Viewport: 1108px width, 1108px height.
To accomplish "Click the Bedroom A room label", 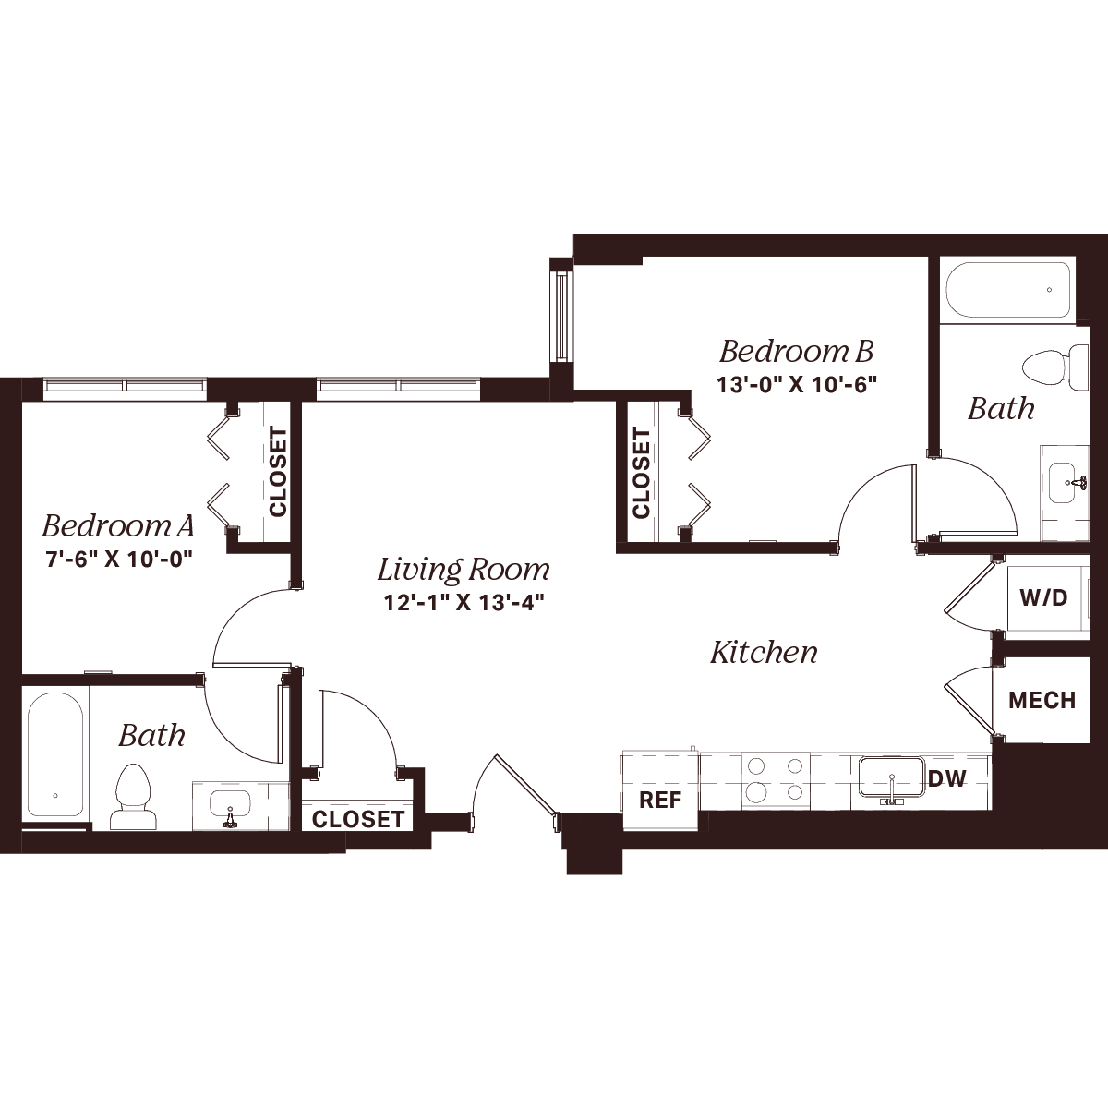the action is (x=118, y=525).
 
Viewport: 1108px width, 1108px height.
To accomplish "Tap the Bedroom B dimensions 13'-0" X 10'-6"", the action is (x=796, y=384).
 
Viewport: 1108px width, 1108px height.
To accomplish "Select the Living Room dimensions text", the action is (x=464, y=603).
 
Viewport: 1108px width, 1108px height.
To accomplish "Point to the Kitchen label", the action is (x=764, y=653).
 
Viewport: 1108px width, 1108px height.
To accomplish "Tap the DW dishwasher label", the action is (x=947, y=778).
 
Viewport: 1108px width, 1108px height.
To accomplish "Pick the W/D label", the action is (x=1043, y=598).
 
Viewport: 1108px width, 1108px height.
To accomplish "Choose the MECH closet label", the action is (x=1042, y=700).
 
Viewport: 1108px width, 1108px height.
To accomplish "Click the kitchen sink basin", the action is (x=891, y=777).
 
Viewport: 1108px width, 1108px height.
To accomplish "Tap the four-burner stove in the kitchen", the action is (x=776, y=780).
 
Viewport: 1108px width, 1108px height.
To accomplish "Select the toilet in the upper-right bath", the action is (x=1055, y=367).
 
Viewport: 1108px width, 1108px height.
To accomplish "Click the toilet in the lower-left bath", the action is (x=133, y=796).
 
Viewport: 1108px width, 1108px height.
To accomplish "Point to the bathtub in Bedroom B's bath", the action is (x=1037, y=290).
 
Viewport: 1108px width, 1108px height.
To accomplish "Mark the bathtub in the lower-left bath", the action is (x=55, y=754).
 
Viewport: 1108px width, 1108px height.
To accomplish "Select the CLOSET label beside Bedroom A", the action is (x=278, y=472).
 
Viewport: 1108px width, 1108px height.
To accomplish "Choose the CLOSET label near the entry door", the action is (x=358, y=819).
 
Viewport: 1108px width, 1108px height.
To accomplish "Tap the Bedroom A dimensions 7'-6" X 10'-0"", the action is (x=118, y=559).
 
